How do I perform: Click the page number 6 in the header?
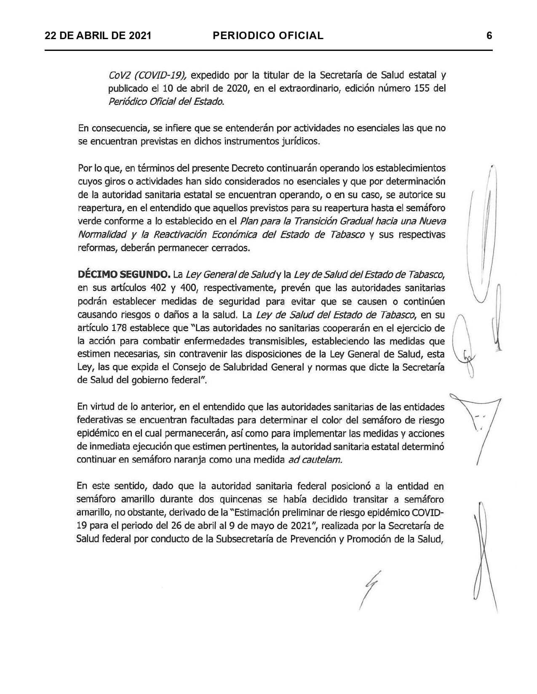(489, 35)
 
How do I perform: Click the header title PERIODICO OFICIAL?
(268, 35)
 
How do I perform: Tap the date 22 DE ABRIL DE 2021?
(98, 35)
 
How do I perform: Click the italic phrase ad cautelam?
(315, 460)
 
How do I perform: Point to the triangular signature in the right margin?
(478, 425)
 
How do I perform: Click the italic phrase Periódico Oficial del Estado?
(166, 102)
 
